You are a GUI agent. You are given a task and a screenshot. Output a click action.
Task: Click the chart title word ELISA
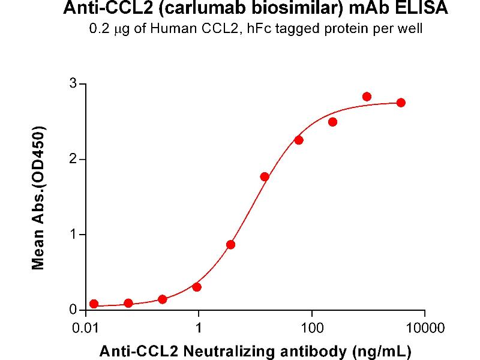click(420, 9)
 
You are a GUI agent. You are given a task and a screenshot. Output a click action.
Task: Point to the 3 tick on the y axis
click(74, 83)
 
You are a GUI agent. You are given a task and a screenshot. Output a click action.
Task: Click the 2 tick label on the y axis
click(74, 159)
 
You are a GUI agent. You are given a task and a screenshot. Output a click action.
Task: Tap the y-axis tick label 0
click(74, 310)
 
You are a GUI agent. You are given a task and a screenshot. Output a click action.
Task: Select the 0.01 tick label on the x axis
click(86, 328)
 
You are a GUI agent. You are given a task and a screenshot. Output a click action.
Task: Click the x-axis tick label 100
click(311, 328)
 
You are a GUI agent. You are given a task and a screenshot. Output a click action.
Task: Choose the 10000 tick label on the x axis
click(425, 328)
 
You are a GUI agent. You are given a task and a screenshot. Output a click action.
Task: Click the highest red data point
click(367, 97)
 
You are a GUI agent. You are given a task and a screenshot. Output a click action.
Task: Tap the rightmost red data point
click(401, 103)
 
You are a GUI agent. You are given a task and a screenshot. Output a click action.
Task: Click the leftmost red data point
click(94, 304)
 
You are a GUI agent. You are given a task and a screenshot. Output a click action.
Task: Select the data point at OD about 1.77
click(265, 176)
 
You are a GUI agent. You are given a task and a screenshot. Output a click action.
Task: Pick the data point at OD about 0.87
click(230, 244)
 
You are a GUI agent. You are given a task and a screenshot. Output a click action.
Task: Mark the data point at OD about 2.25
click(299, 140)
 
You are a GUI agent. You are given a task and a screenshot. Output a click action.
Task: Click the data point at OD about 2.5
click(333, 122)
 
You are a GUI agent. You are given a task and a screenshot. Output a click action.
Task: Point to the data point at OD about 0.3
click(197, 287)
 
